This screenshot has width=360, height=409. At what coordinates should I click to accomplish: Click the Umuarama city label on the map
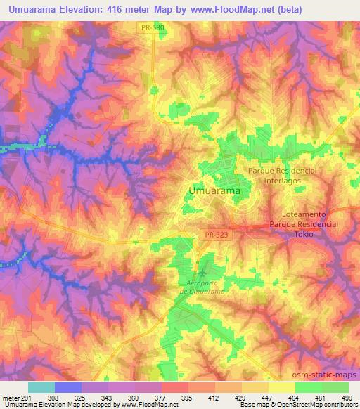(x=214, y=190)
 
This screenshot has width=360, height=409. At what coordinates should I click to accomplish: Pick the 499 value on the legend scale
(x=345, y=398)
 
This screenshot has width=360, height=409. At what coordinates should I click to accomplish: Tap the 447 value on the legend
(x=266, y=398)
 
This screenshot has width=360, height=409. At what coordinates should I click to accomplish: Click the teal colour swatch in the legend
(x=41, y=387)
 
